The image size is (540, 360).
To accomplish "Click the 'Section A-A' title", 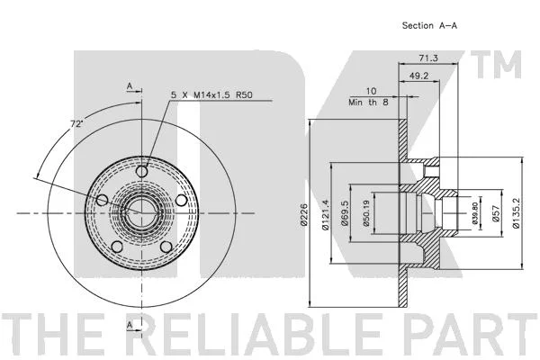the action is [x=429, y=25].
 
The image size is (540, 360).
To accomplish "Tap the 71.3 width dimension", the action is [x=428, y=58].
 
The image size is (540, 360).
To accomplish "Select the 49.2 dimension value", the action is [x=418, y=76].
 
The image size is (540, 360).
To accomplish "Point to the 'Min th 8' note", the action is [x=368, y=103].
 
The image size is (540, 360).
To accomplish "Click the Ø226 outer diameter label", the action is [x=303, y=214].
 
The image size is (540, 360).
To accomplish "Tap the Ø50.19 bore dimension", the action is [x=366, y=213].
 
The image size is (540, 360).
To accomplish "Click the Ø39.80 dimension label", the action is [x=475, y=213].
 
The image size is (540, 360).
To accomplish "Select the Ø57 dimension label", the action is [x=495, y=214].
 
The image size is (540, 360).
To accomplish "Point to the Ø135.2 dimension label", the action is [x=516, y=213].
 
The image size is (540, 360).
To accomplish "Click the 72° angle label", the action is [x=76, y=123].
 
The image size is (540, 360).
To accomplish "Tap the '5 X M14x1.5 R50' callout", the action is [x=211, y=94].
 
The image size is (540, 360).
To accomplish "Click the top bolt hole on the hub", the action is [x=142, y=171].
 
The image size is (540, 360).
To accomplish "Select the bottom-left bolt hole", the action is [x=117, y=247].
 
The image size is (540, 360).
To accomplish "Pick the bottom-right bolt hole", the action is [x=166, y=247].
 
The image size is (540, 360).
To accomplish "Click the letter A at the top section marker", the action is [x=130, y=85].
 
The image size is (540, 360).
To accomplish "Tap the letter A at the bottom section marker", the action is [x=130, y=325].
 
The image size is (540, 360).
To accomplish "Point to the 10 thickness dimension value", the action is [x=371, y=91].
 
